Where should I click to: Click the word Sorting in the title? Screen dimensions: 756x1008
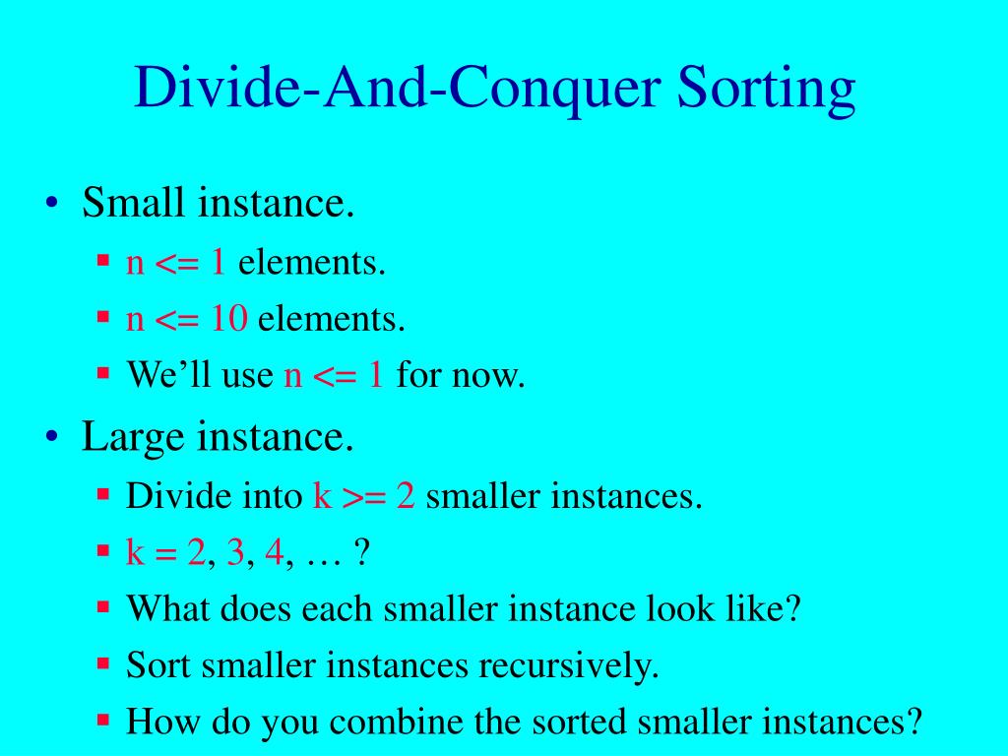765,90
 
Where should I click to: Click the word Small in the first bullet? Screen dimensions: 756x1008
134,204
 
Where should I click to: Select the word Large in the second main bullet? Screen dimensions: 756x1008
133,435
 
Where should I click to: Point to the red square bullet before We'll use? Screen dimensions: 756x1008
102,374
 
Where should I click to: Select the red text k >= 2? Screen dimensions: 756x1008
363,495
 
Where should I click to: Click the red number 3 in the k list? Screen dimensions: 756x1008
235,553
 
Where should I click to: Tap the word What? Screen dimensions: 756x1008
167,608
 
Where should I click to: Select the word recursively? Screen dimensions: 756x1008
568,666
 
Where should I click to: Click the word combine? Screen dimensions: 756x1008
394,723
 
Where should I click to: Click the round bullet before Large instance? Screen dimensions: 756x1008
54,437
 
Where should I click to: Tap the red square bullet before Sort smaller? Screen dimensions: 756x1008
102,664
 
